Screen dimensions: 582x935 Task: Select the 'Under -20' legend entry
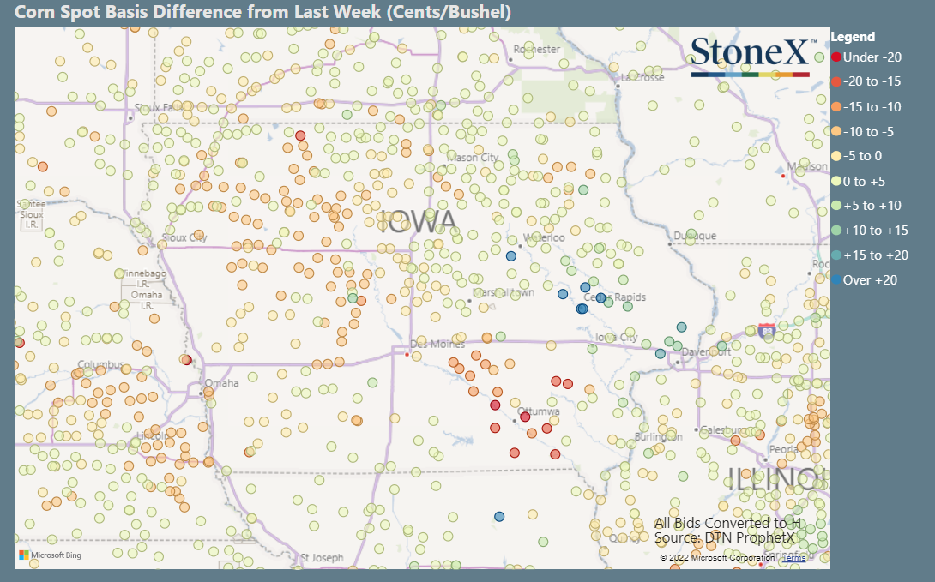pyautogui.click(x=872, y=57)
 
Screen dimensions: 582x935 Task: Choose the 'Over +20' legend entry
pyautogui.click(x=870, y=280)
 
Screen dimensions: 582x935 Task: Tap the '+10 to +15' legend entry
pyautogui.click(x=875, y=231)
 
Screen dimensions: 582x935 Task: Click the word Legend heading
pyautogui.click(x=853, y=37)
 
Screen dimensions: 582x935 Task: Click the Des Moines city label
pyautogui.click(x=437, y=345)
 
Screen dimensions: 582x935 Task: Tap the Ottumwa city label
pyautogui.click(x=540, y=412)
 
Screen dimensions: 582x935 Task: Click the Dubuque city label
pyautogui.click(x=694, y=236)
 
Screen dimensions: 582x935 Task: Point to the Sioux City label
pyautogui.click(x=184, y=237)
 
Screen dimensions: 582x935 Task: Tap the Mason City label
pyautogui.click(x=474, y=158)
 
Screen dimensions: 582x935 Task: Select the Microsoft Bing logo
pyautogui.click(x=51, y=555)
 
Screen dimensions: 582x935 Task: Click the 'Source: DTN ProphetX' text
pyautogui.click(x=727, y=537)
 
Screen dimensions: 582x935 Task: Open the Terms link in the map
pyautogui.click(x=793, y=558)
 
